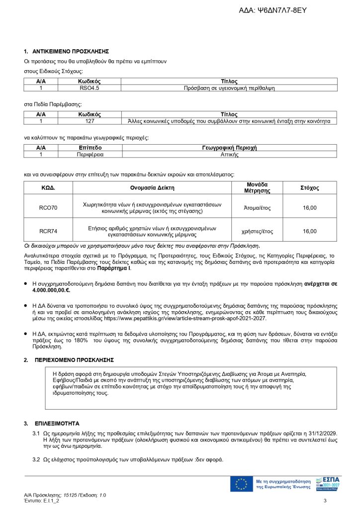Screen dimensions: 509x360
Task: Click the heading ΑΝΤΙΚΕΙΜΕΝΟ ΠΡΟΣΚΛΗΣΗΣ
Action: (x=70, y=51)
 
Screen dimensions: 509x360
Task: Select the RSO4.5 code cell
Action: (x=90, y=88)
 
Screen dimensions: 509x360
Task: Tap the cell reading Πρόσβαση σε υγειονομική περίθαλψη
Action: (x=229, y=88)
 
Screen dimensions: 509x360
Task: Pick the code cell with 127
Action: (x=90, y=121)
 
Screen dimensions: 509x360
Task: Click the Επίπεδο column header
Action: (x=90, y=148)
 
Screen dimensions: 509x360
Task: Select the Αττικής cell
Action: (x=229, y=154)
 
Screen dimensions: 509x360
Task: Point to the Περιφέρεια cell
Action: (x=90, y=154)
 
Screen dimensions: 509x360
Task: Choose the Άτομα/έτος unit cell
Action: (x=257, y=207)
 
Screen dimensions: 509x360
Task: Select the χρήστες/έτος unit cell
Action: (x=257, y=231)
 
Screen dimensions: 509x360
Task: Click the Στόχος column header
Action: (x=309, y=188)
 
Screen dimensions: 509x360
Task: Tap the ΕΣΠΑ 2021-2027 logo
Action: (x=328, y=483)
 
